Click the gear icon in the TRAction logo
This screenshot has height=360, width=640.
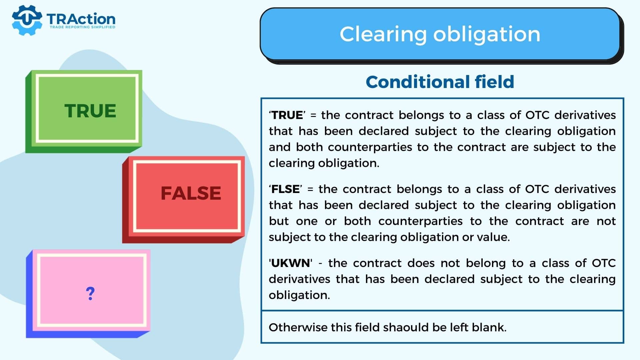(27, 20)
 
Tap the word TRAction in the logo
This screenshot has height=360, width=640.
(81, 19)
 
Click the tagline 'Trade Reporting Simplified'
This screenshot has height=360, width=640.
(82, 27)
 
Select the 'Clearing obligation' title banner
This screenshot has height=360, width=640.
(440, 34)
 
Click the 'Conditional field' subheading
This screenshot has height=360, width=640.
(440, 82)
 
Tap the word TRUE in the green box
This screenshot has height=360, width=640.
(90, 111)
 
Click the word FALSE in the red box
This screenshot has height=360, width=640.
(191, 193)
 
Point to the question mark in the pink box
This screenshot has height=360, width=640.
(90, 294)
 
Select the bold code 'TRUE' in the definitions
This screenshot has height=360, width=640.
(287, 115)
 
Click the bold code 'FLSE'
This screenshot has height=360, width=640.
(285, 189)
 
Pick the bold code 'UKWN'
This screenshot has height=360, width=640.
(291, 263)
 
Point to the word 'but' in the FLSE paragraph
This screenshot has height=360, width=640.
(279, 221)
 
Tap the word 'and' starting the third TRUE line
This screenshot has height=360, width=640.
(279, 147)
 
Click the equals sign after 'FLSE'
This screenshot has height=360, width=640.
(310, 189)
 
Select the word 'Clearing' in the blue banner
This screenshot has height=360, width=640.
(383, 34)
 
